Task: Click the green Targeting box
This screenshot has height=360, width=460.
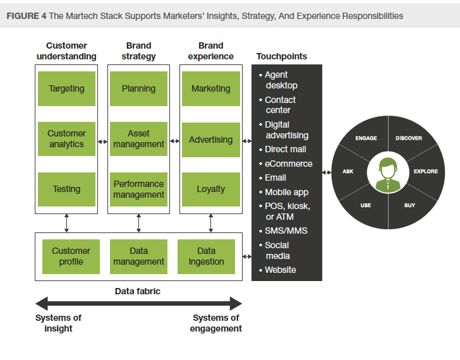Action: (66, 88)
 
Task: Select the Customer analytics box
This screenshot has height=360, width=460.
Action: (66, 139)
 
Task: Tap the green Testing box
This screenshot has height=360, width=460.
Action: (66, 189)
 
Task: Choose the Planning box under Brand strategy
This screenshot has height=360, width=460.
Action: (138, 88)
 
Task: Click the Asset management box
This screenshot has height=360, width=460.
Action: (138, 139)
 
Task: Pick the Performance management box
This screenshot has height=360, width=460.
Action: (138, 189)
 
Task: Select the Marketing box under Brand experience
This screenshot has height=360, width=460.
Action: (210, 88)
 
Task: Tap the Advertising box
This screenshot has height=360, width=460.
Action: (210, 139)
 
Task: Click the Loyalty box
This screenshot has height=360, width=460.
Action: (210, 189)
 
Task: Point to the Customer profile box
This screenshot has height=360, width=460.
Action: (71, 256)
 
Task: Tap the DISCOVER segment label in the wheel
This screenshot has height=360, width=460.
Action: (408, 138)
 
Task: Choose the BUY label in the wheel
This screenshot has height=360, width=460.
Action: (409, 205)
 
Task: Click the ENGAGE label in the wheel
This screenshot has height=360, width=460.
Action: (366, 138)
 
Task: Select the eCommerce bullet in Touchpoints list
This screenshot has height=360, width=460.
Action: (288, 164)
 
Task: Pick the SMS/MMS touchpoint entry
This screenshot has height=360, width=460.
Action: (286, 231)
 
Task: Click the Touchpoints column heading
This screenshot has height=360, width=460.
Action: (281, 56)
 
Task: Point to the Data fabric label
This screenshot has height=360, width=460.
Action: (138, 291)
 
